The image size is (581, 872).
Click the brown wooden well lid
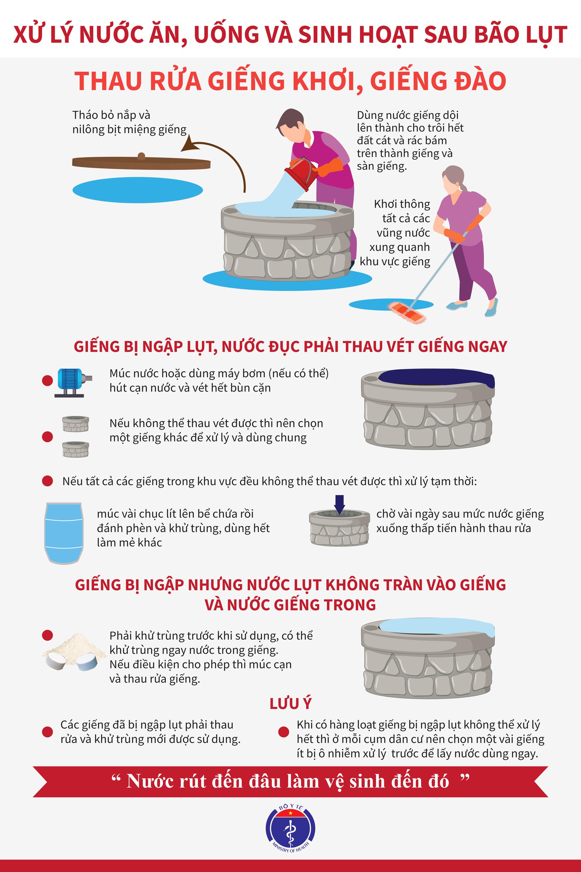pyautogui.click(x=141, y=162)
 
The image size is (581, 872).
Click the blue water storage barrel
pyautogui.click(x=63, y=533)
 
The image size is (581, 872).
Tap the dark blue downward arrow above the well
pyautogui.click(x=339, y=505)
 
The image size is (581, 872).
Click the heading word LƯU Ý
pyautogui.click(x=290, y=703)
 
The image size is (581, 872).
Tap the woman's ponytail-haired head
pyautogui.click(x=453, y=179)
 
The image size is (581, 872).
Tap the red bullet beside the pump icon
pyautogui.click(x=47, y=380)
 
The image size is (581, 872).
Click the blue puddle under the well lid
pyautogui.click(x=137, y=190)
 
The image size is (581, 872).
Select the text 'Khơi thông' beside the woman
pyautogui.click(x=402, y=204)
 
